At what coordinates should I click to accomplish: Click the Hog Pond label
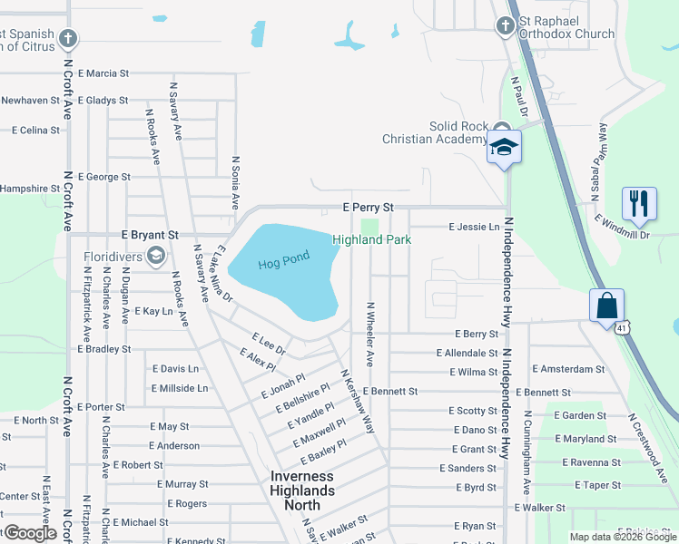click(x=283, y=260)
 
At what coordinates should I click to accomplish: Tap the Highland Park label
click(x=371, y=239)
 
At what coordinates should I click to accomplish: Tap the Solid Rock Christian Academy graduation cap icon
click(x=503, y=147)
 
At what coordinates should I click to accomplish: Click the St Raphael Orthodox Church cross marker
click(x=506, y=26)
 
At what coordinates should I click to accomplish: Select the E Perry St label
click(x=368, y=208)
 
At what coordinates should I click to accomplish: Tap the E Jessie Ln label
click(x=474, y=227)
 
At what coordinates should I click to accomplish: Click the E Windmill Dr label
click(x=622, y=228)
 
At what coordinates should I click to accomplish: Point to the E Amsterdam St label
click(x=568, y=369)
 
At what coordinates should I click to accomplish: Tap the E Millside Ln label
click(x=180, y=388)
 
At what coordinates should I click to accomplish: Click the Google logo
click(x=30, y=532)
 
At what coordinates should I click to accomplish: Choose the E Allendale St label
click(x=467, y=353)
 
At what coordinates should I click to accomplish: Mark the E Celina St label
click(x=35, y=131)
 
